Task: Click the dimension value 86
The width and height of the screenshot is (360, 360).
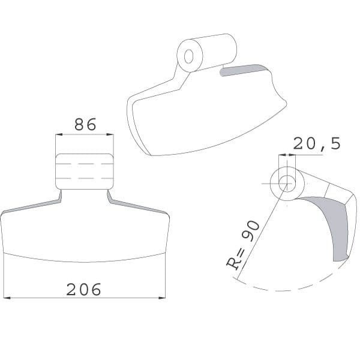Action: tap(85, 124)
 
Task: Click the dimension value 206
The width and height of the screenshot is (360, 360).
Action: tap(83, 289)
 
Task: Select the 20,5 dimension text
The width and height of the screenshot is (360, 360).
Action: tap(317, 144)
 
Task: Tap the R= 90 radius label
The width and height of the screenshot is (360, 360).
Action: tap(244, 245)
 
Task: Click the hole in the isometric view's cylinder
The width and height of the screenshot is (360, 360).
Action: tap(189, 56)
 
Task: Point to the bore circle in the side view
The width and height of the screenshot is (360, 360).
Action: tap(287, 184)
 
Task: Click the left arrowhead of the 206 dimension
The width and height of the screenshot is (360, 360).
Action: tap(7, 298)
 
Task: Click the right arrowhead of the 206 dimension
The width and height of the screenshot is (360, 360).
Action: tap(162, 298)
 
